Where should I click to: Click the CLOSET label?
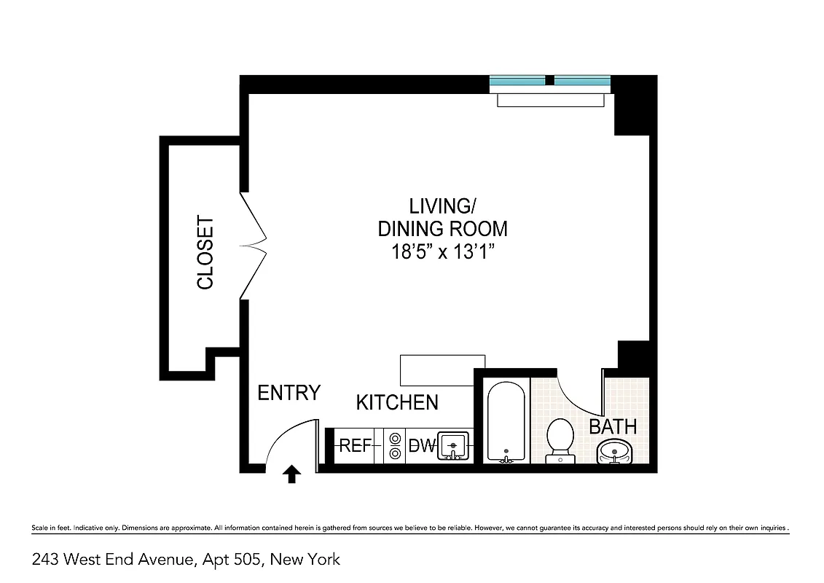[205, 253]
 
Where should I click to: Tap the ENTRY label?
[289, 393]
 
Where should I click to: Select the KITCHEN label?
[397, 402]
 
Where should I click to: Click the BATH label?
[613, 426]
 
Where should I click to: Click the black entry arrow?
[291, 475]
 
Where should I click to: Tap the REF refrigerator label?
[356, 445]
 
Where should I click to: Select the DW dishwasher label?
[421, 445]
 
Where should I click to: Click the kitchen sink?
[454, 445]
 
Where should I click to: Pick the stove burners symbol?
[395, 445]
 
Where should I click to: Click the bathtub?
[505, 423]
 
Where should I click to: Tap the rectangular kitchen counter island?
[442, 369]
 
